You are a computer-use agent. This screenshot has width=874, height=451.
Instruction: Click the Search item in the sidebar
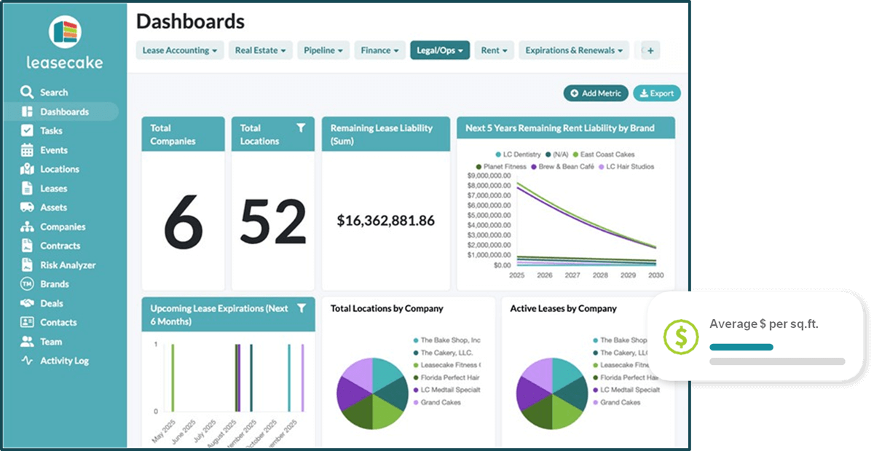(x=53, y=93)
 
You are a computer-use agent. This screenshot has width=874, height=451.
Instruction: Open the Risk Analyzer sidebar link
(x=67, y=265)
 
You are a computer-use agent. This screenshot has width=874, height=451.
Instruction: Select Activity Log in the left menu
(x=63, y=361)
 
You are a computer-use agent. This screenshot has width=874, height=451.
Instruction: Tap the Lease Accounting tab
(x=180, y=50)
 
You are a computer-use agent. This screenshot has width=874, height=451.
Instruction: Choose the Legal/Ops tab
(x=440, y=50)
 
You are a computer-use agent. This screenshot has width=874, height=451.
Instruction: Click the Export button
(x=656, y=93)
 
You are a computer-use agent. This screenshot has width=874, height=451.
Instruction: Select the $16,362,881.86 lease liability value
(x=386, y=220)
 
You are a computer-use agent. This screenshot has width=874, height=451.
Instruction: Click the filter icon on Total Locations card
(x=301, y=128)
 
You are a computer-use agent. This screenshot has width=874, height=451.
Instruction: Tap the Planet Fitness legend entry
(x=504, y=167)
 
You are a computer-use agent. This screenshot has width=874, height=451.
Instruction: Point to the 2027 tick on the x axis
(x=572, y=275)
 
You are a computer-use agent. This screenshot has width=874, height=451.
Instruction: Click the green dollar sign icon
(x=681, y=336)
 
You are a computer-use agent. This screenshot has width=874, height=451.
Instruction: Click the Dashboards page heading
(x=190, y=21)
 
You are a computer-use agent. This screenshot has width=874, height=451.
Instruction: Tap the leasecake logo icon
(x=65, y=32)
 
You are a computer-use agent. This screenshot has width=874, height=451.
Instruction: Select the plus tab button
(x=650, y=50)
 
